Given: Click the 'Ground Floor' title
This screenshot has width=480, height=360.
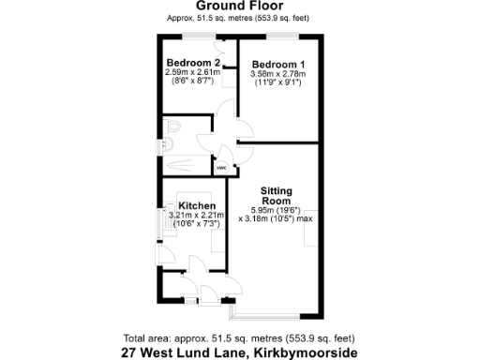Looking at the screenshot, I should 239,7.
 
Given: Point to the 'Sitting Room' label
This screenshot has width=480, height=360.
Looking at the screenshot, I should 277,195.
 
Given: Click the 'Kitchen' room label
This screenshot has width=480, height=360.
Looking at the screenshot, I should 198,206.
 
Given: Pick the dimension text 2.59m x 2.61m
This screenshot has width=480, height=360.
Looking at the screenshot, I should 193,72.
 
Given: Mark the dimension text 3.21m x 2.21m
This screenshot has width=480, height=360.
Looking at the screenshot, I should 198,216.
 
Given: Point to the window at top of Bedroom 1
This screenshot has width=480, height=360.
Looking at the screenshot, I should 281,37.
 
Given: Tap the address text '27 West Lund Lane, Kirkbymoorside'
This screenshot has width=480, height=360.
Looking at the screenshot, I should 239,352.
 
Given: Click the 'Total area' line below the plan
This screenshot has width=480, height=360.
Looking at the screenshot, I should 239,338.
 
